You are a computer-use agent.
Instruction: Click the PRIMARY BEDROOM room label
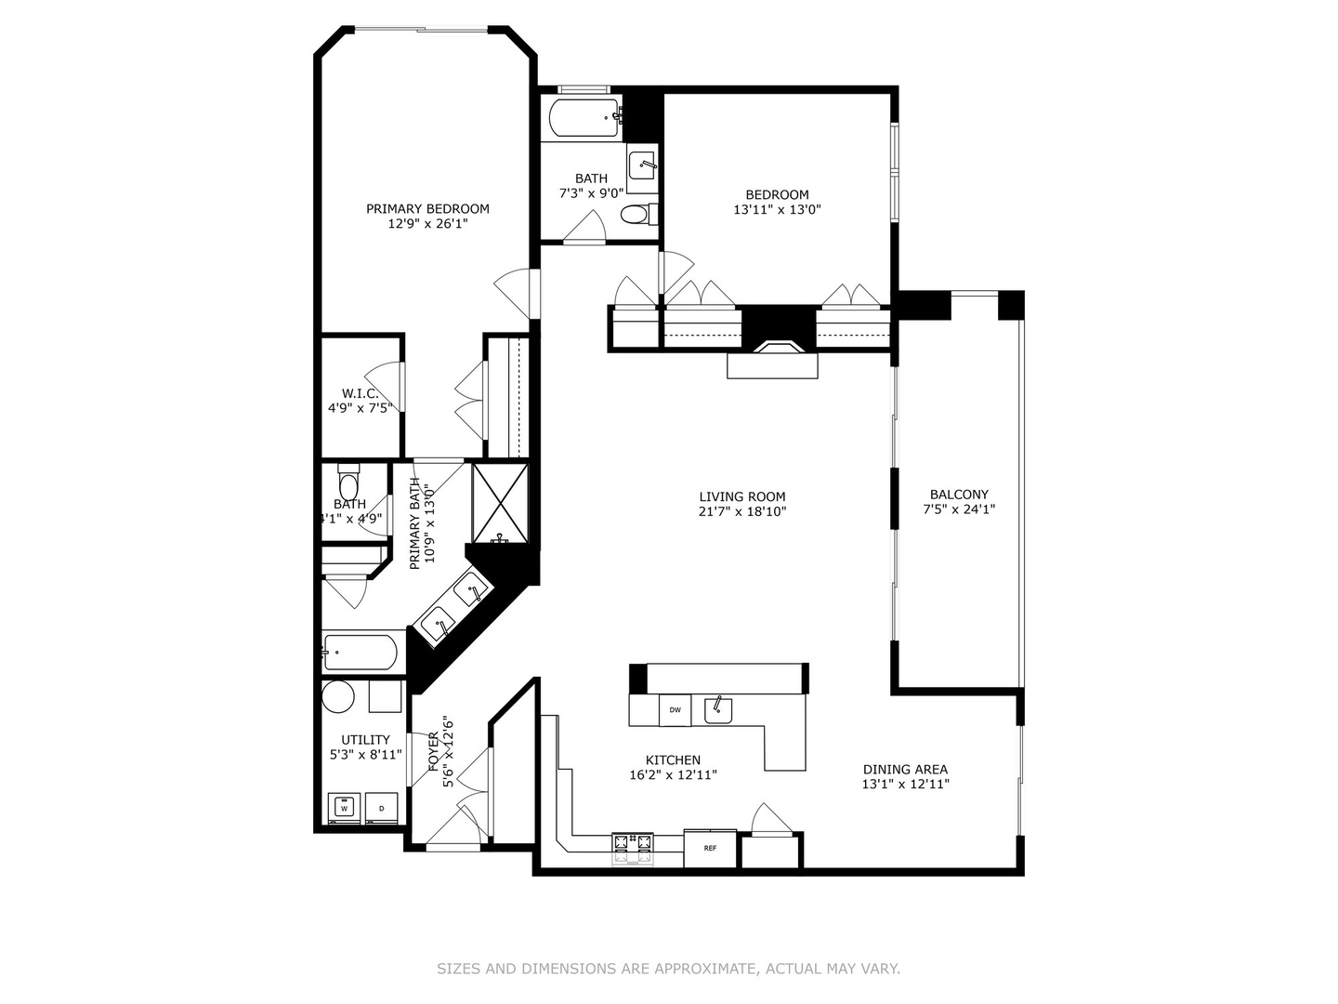tap(427, 209)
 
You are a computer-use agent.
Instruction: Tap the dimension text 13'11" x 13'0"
tap(777, 210)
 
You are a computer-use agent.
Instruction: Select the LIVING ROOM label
tap(742, 496)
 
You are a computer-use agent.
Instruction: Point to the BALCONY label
tap(959, 495)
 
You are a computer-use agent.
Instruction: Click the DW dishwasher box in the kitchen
tap(676, 710)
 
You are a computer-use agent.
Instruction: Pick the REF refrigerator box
tap(710, 848)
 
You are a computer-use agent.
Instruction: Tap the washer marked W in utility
tap(345, 808)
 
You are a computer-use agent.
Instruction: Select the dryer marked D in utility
tap(381, 808)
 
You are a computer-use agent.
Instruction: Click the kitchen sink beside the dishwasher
tap(718, 710)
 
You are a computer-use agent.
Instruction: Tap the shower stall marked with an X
tap(500, 502)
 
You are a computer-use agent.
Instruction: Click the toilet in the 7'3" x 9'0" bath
tap(636, 215)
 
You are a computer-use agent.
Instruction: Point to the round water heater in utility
tap(337, 696)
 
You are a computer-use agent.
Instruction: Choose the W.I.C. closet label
tap(360, 393)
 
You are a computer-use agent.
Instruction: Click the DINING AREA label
tap(905, 769)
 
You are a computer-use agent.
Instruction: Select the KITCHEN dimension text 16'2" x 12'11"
tap(673, 774)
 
